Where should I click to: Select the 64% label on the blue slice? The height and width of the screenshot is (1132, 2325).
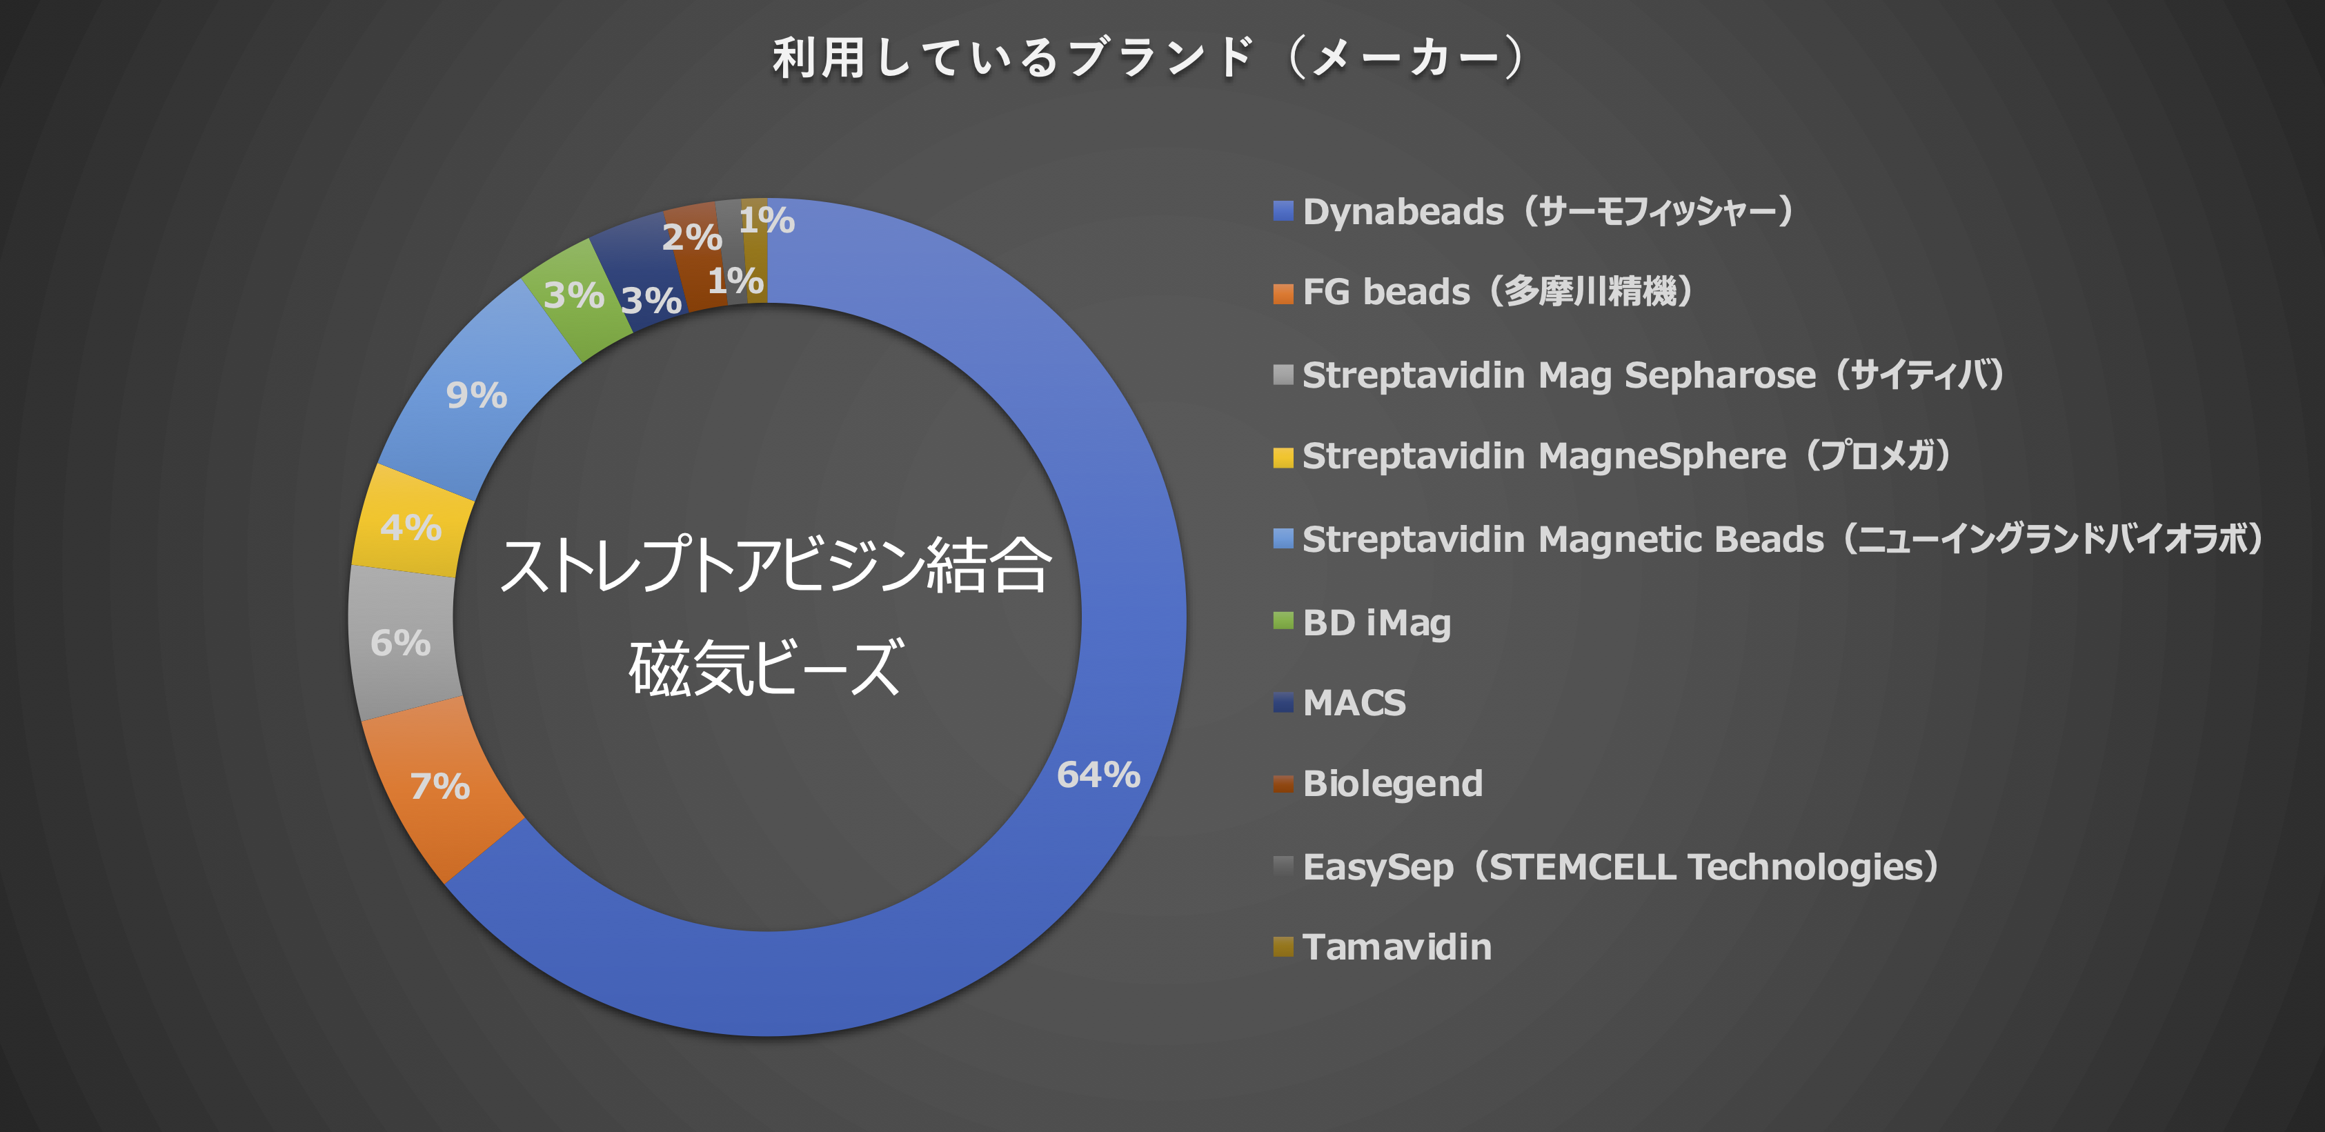tap(1098, 775)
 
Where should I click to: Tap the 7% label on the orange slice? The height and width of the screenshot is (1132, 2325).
tap(440, 786)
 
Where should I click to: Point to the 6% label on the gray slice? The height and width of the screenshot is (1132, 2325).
tap(401, 643)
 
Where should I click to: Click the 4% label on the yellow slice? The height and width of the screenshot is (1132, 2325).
tap(410, 527)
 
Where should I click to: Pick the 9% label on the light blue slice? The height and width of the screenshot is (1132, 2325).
tap(477, 395)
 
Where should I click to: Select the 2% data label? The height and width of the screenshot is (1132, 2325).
tap(692, 237)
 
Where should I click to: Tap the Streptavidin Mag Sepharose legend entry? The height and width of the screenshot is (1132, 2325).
tap(1654, 375)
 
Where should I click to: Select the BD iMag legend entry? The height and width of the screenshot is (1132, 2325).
tap(1377, 623)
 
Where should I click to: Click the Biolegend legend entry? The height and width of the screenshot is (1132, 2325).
tap(1393, 784)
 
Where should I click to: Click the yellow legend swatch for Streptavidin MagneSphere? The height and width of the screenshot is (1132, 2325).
tap(1283, 457)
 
